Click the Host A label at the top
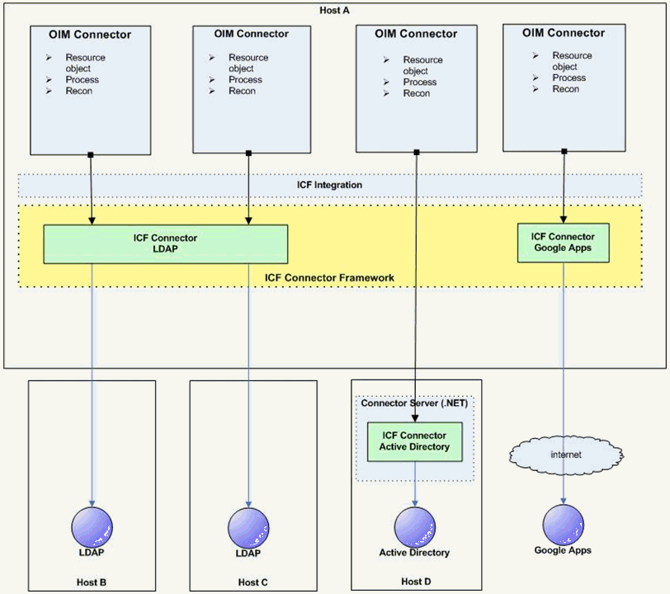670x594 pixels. coord(336,9)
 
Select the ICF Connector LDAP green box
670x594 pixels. coord(165,244)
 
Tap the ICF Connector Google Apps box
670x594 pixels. coord(564,243)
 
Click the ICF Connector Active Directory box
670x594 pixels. coord(414,441)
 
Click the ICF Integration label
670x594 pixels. coord(329,185)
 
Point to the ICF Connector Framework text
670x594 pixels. coord(329,277)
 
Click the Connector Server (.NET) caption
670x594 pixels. coord(413,403)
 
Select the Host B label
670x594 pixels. coord(92,582)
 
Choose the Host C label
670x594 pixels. coord(253,582)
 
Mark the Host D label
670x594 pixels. coord(416,582)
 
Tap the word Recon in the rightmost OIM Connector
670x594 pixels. coord(566,89)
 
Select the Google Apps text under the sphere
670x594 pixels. coord(563,550)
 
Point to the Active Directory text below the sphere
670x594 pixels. coord(414,553)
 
